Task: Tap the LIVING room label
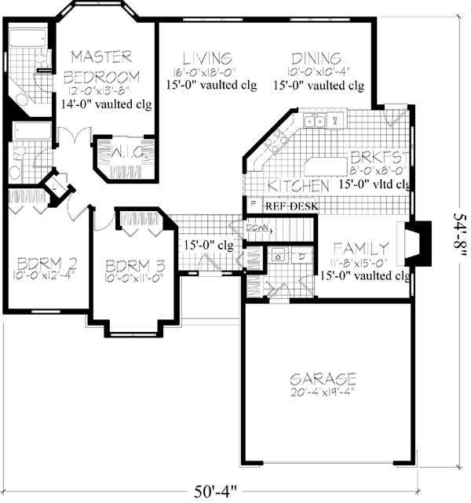click(206, 58)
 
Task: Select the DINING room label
click(315, 58)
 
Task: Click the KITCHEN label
click(298, 186)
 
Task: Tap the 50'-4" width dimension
click(216, 492)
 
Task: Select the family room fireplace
click(416, 245)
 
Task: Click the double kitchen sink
click(316, 121)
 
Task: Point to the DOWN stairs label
click(259, 228)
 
